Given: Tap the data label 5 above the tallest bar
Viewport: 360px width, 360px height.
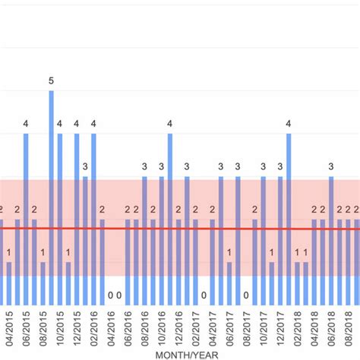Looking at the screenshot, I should click(52, 81).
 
